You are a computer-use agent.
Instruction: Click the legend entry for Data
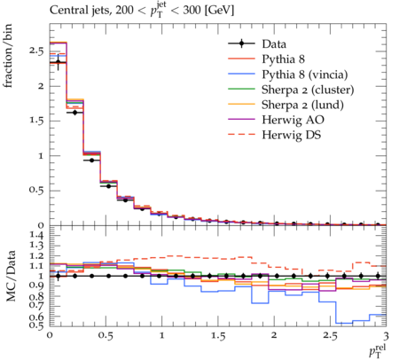[274, 44]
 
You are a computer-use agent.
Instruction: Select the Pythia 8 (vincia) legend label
[305, 74]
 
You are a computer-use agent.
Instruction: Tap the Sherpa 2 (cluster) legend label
[308, 90]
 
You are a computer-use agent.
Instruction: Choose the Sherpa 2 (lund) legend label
[302, 105]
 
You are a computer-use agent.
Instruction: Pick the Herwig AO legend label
[293, 120]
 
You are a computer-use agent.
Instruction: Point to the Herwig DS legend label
[292, 135]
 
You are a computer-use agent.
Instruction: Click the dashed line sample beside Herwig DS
[241, 135]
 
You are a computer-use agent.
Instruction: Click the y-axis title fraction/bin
[7, 56]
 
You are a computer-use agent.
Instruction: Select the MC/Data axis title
[11, 276]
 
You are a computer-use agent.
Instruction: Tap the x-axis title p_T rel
[378, 350]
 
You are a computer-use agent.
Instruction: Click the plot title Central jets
[80, 10]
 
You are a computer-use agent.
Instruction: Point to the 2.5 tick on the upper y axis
[36, 51]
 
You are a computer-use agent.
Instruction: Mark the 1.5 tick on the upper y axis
[36, 121]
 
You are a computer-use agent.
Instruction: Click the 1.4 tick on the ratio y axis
[36, 235]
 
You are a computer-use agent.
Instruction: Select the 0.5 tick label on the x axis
[106, 336]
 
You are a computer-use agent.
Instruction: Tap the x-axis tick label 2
[274, 335]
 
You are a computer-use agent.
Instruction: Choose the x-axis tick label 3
[386, 336]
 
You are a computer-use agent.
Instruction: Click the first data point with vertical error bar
[59, 62]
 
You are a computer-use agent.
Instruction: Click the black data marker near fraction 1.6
[74, 113]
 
